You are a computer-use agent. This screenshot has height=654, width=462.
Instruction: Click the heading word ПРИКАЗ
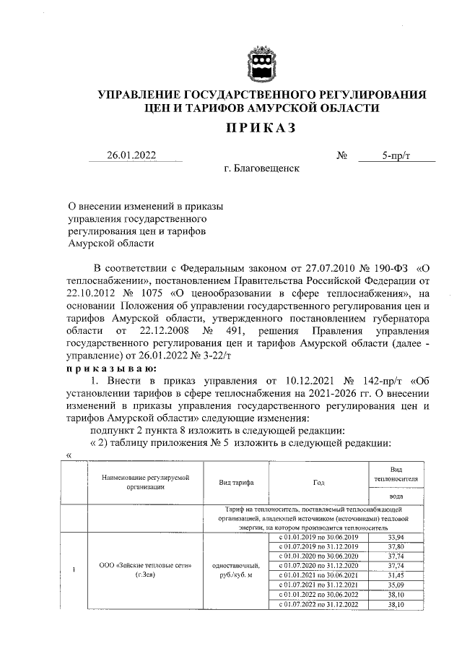coord(261,129)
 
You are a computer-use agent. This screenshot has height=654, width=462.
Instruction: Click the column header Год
coord(319,483)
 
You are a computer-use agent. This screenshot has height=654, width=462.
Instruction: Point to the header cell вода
coord(395,497)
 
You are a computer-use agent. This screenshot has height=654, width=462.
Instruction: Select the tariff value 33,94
coord(395,537)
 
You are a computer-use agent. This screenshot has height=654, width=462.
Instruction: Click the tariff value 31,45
coord(395,575)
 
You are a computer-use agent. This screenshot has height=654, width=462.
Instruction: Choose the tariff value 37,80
coord(395,546)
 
